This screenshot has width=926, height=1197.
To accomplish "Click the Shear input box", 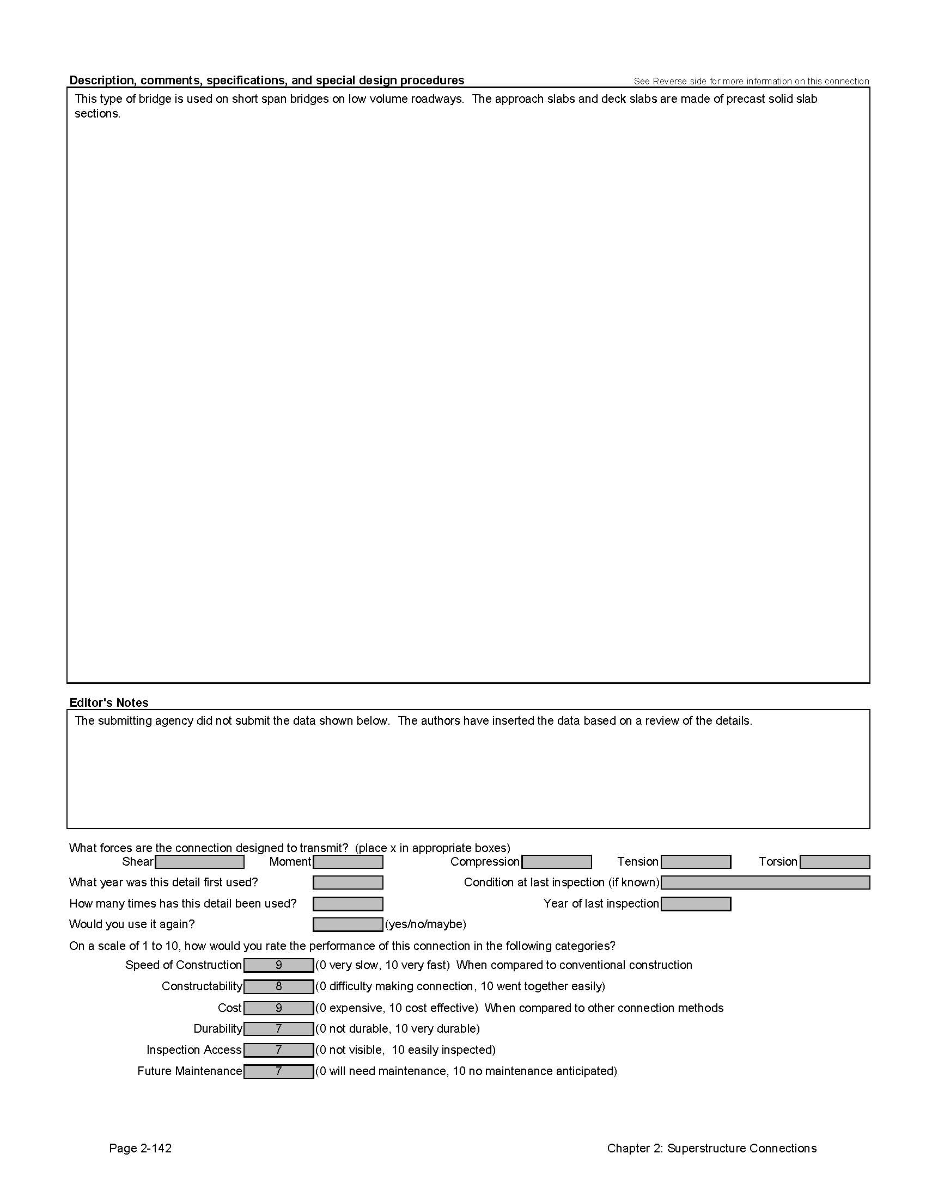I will pyautogui.click(x=200, y=862).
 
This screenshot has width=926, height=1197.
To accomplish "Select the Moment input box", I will pyautogui.click(x=348, y=862).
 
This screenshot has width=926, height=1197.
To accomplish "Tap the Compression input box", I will pyautogui.click(x=556, y=862).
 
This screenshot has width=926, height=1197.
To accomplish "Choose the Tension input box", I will pyautogui.click(x=696, y=862).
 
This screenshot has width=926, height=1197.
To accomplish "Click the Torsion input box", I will pyautogui.click(x=834, y=862).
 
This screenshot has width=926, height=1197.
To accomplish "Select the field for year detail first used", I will pyautogui.click(x=348, y=883).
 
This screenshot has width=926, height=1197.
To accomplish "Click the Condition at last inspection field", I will pyautogui.click(x=765, y=883).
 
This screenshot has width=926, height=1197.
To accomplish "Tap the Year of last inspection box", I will pyautogui.click(x=696, y=904).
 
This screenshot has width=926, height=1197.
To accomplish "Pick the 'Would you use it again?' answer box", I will pyautogui.click(x=348, y=925).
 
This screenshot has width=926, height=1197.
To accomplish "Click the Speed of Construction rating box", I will pyautogui.click(x=279, y=965).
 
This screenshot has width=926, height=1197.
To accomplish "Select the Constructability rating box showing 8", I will pyautogui.click(x=279, y=986).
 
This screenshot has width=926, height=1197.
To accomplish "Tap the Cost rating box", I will pyautogui.click(x=279, y=1008).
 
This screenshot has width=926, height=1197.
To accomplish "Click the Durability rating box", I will pyautogui.click(x=279, y=1029).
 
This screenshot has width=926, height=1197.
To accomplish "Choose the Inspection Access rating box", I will pyautogui.click(x=279, y=1050).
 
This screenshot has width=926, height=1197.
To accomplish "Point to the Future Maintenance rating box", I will pyautogui.click(x=279, y=1071).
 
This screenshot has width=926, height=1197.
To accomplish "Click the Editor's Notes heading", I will pyautogui.click(x=108, y=702).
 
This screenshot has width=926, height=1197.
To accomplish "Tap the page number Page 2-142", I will pyautogui.click(x=141, y=1148).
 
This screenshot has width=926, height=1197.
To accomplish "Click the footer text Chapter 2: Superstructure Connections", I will pyautogui.click(x=711, y=1148).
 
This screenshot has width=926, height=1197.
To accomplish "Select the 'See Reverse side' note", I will pyautogui.click(x=751, y=82).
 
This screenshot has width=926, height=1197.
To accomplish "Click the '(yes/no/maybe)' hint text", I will pyautogui.click(x=425, y=924).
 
